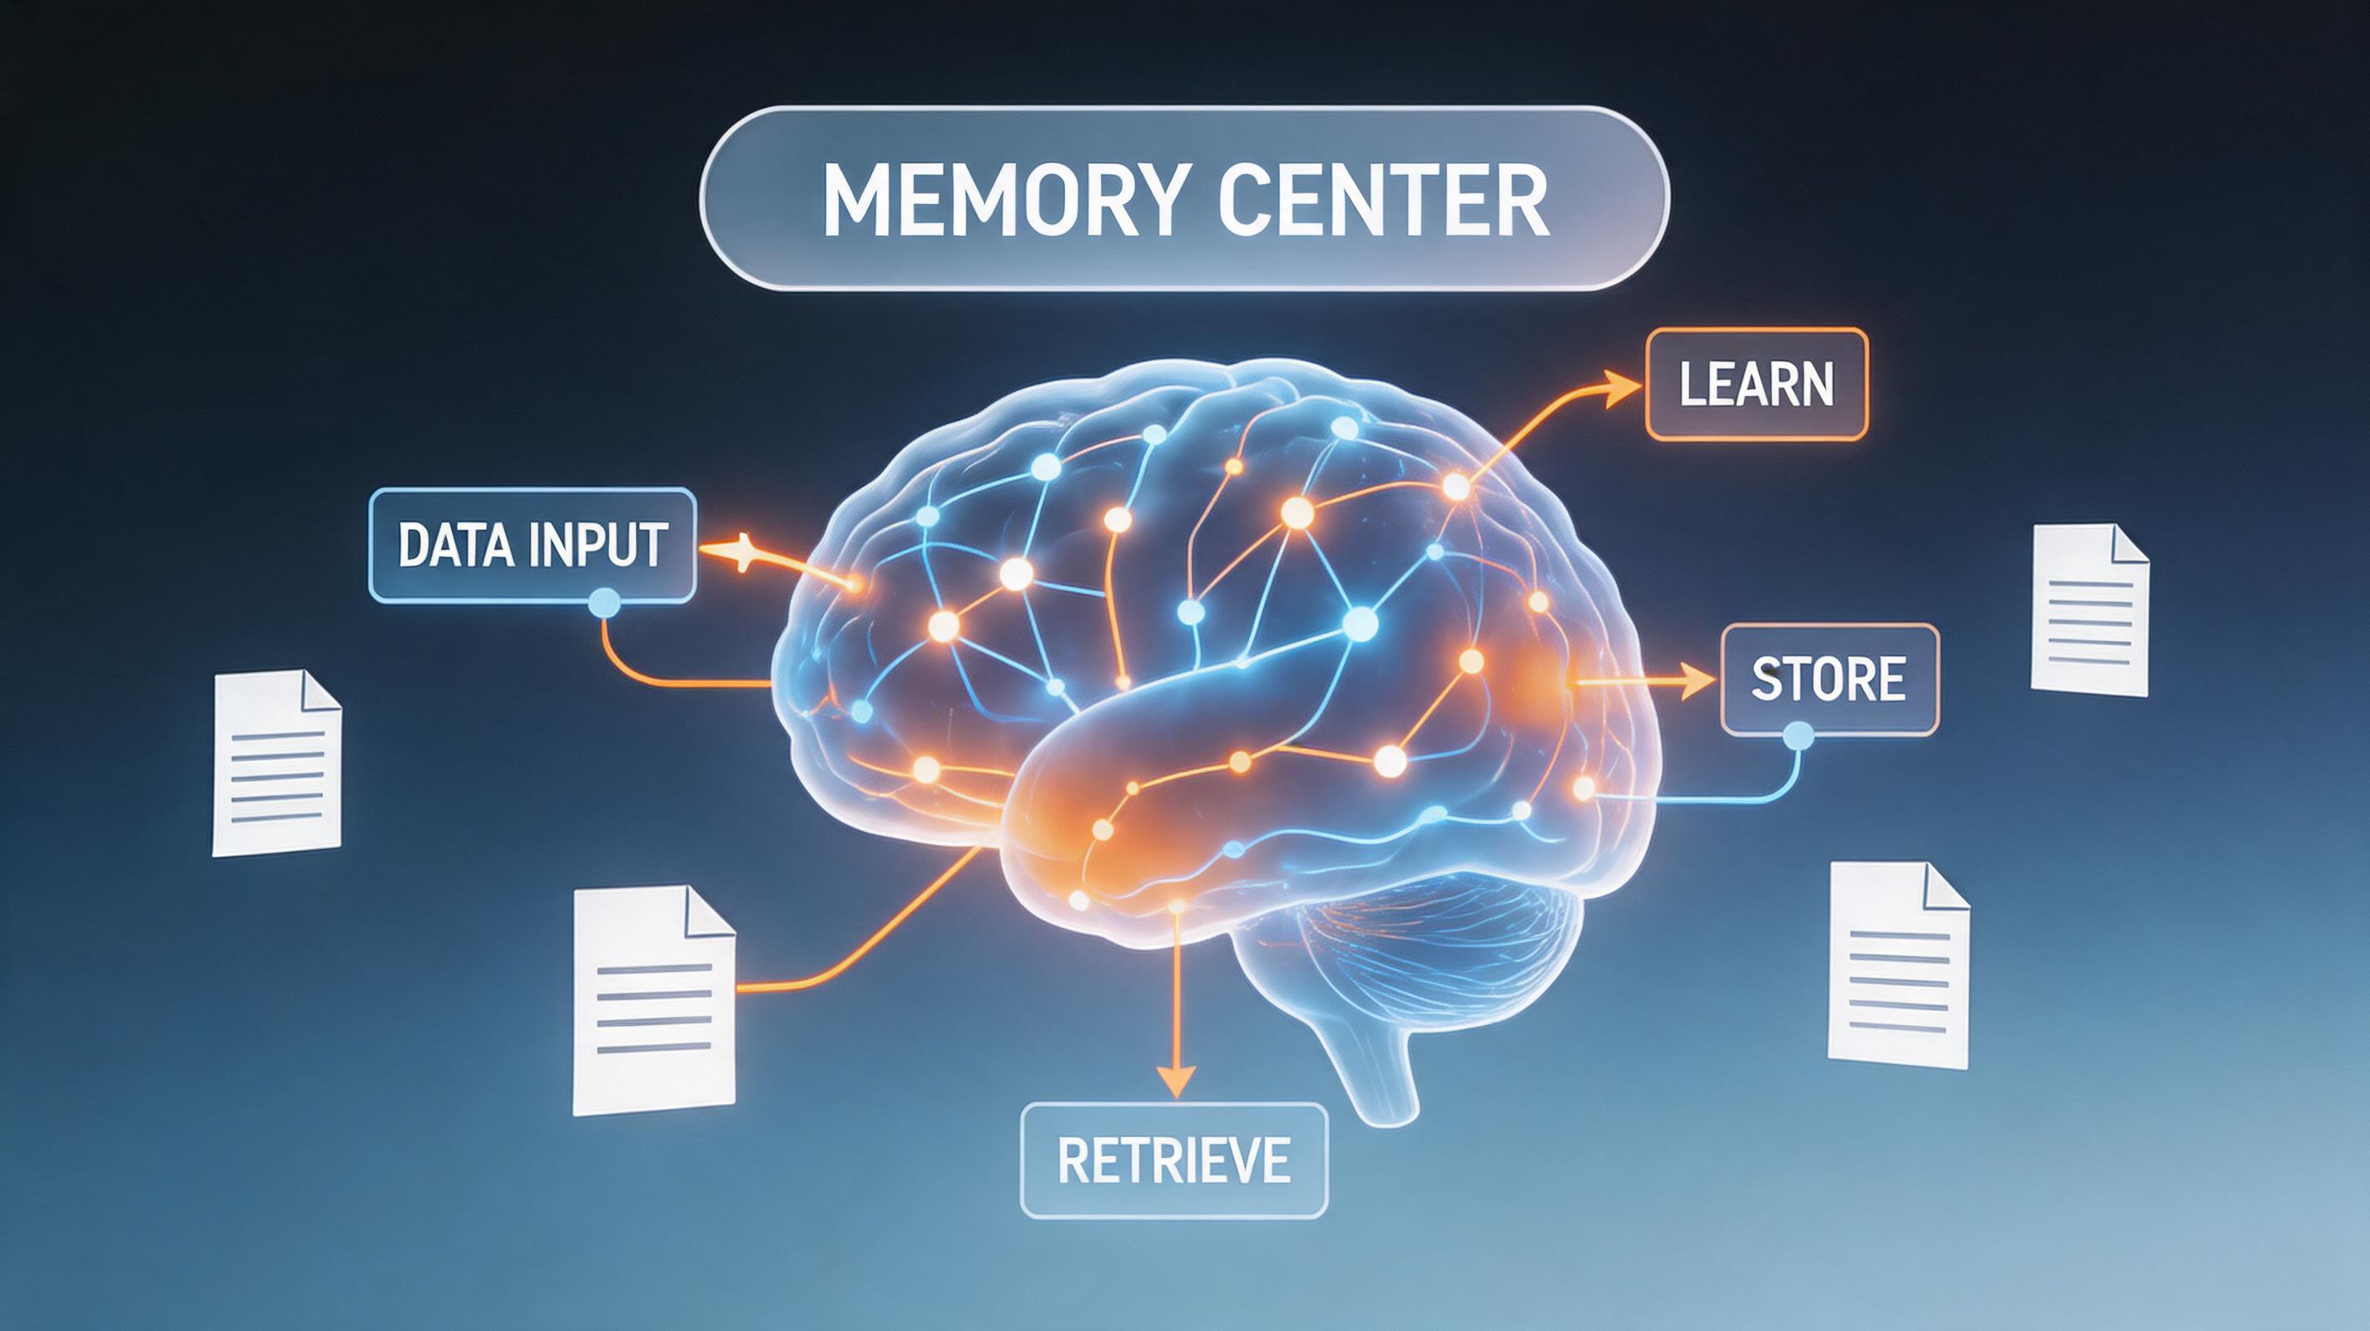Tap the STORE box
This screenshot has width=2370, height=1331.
coord(1829,679)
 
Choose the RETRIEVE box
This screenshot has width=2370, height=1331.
coord(1174,1160)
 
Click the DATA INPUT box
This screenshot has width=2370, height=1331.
coord(533,546)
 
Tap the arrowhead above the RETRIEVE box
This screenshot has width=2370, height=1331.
coord(1176,1079)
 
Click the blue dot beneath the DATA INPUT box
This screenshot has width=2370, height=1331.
coord(604,603)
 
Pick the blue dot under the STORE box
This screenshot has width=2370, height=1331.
coord(1797,735)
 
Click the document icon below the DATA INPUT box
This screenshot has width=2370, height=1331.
coord(276,763)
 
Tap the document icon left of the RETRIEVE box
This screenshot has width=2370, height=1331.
coord(653,1001)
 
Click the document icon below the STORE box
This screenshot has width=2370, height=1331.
coord(1899,965)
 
